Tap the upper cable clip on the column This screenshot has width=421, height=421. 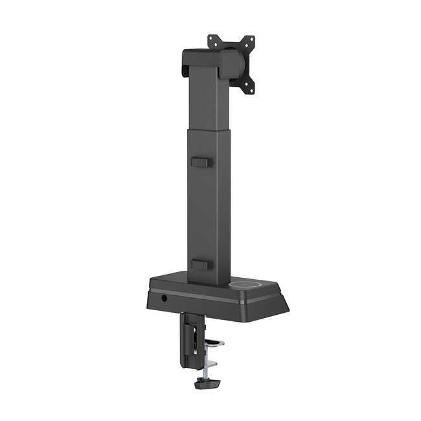[x=201, y=162]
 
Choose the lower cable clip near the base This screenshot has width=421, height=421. [x=201, y=264]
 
